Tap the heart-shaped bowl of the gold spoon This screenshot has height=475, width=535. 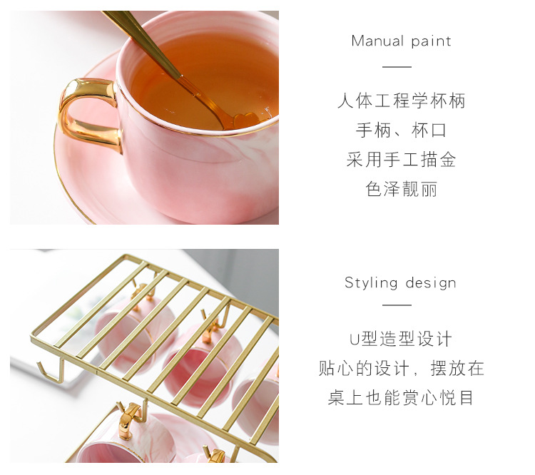[x=245, y=120]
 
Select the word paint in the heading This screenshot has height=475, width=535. [x=431, y=41]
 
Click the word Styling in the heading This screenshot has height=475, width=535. [x=371, y=283]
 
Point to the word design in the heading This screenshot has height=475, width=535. [x=431, y=283]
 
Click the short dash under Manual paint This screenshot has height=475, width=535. [x=397, y=67]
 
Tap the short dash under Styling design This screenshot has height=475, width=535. [x=397, y=305]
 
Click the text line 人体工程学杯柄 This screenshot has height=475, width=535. [x=401, y=101]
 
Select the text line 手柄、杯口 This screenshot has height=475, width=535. [x=401, y=131]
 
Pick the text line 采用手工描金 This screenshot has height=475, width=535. [x=401, y=160]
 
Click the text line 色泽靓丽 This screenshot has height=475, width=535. [x=401, y=189]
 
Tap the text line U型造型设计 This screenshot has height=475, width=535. [x=401, y=339]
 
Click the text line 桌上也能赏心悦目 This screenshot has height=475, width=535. [x=401, y=398]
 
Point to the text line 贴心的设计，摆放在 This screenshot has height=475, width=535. [x=401, y=369]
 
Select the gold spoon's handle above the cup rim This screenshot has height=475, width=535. [x=143, y=43]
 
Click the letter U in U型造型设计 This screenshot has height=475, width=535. [x=355, y=339]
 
